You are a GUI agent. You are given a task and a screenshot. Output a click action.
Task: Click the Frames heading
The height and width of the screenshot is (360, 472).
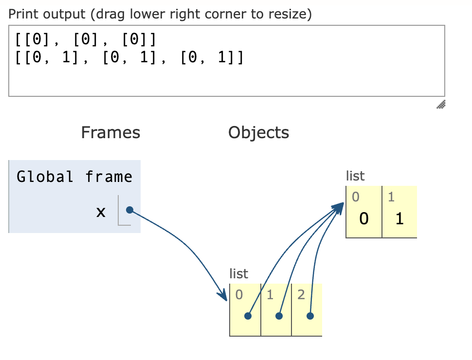click(x=110, y=132)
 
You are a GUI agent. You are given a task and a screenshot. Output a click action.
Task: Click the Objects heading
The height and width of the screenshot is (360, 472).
click(x=258, y=132)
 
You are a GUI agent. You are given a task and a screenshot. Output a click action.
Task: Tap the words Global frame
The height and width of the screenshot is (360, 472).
click(x=74, y=176)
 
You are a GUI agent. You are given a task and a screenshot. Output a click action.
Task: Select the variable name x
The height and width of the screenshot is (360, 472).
click(x=101, y=212)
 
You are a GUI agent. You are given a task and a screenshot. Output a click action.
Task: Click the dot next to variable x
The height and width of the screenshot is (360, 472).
click(x=129, y=210)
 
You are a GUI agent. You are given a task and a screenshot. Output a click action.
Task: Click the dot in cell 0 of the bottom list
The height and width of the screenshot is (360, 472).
click(x=248, y=316)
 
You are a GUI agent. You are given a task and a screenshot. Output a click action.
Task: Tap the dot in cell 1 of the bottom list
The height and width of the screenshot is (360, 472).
click(x=279, y=316)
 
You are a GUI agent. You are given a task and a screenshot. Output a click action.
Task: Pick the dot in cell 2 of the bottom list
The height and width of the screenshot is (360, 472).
click(x=310, y=316)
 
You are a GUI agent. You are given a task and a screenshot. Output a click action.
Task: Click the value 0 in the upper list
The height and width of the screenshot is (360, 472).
click(x=363, y=219)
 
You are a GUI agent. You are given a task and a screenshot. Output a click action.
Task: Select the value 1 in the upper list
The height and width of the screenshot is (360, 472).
click(x=399, y=219)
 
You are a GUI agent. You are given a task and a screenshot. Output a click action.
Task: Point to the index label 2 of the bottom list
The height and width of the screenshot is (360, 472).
click(x=301, y=294)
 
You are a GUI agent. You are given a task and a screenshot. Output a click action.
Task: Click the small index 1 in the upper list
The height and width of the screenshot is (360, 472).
click(x=391, y=197)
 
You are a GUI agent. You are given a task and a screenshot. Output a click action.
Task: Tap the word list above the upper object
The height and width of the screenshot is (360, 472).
click(x=355, y=176)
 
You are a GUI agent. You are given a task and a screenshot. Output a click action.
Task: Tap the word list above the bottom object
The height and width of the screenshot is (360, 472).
click(x=238, y=274)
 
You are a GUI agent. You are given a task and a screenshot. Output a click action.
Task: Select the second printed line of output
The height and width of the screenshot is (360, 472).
click(x=129, y=58)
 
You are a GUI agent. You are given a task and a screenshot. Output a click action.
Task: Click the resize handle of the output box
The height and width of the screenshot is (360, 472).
click(x=441, y=104)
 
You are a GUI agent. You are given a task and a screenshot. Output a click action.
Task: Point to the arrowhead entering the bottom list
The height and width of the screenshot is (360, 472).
click(x=224, y=296)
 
